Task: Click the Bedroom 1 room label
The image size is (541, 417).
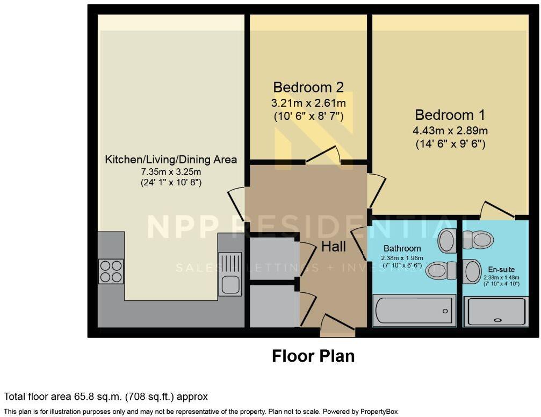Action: click(450, 115)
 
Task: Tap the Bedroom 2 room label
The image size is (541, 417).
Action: click(308, 87)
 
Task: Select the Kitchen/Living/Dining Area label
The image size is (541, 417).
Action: click(171, 160)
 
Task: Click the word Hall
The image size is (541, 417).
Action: click(334, 247)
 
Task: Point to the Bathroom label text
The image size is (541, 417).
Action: click(401, 248)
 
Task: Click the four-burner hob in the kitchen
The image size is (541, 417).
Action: click(111, 271)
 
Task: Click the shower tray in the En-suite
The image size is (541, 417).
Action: click(496, 312)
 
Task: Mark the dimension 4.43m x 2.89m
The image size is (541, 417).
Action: click(450, 131)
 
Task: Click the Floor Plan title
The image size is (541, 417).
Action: click(313, 356)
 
